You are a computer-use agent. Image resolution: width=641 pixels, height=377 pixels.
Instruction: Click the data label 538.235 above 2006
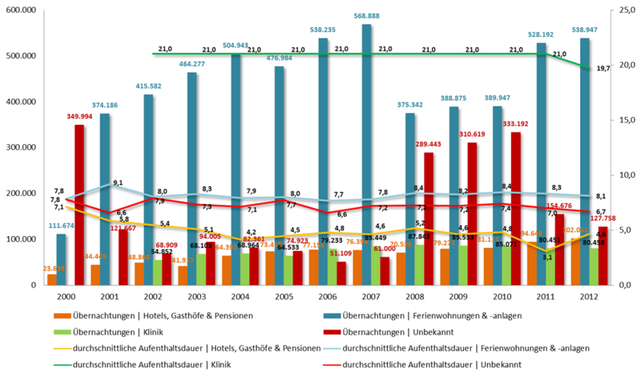322,30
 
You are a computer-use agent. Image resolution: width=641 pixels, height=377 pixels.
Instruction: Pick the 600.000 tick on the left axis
22,10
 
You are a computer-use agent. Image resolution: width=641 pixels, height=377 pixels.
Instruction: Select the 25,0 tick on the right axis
623,10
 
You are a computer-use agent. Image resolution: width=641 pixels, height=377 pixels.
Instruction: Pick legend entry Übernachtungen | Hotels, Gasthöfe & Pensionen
160,315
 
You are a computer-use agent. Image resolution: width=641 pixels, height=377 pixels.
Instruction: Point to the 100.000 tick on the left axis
22,239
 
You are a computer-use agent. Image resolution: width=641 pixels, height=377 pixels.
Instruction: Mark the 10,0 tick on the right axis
623,174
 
